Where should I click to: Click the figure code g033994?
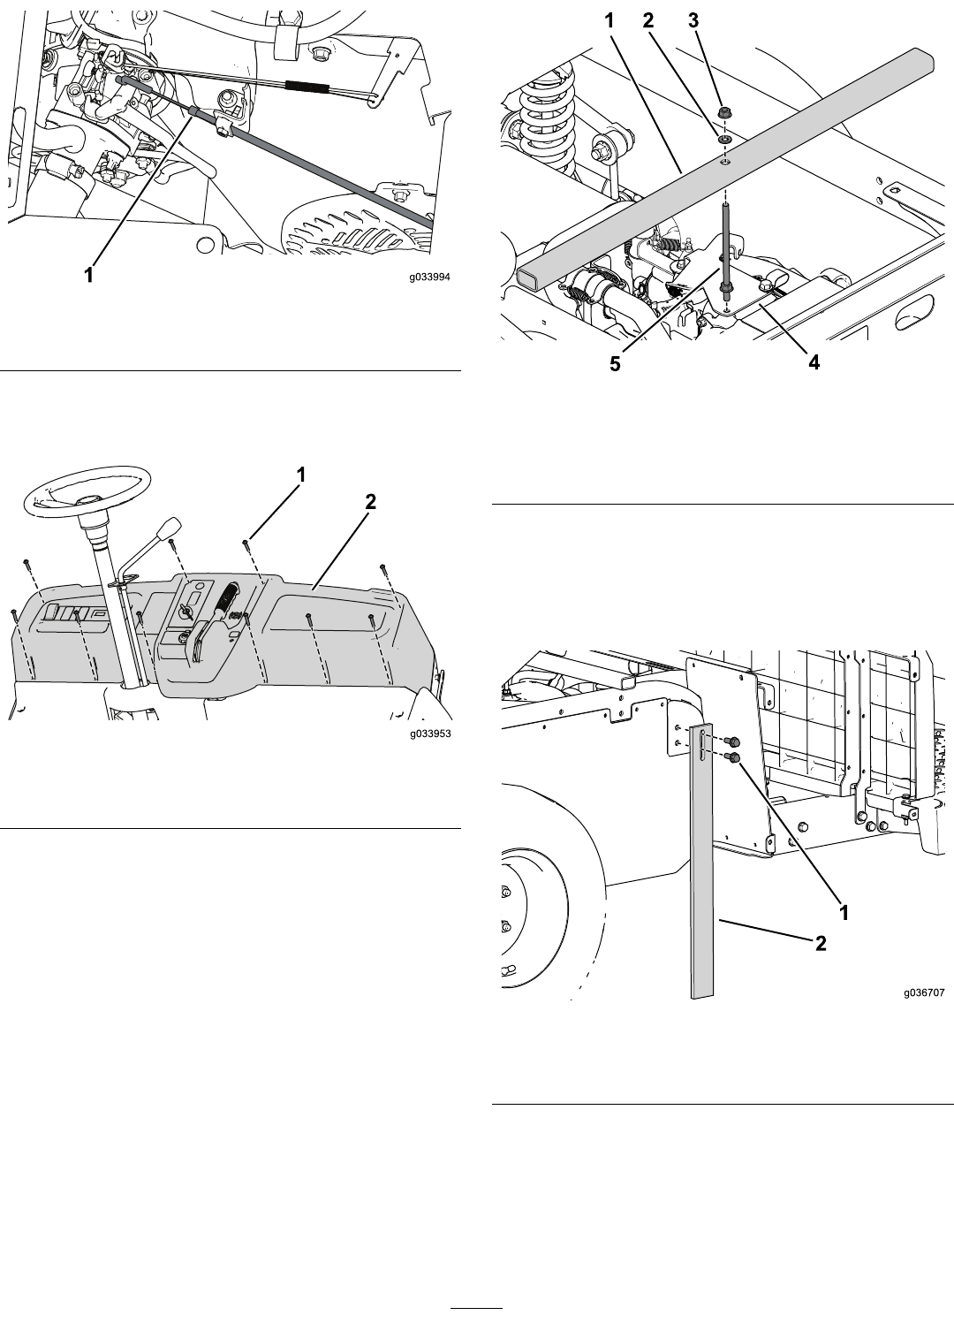click(x=429, y=277)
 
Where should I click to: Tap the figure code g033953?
click(x=430, y=734)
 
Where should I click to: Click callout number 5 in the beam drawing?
click(x=615, y=364)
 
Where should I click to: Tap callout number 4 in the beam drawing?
click(x=814, y=361)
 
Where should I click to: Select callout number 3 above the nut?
click(x=693, y=21)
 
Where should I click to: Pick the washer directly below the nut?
click(x=724, y=140)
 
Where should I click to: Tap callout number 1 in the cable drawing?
click(x=89, y=276)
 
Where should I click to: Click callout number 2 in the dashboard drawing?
click(x=370, y=502)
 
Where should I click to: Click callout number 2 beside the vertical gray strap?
click(x=821, y=943)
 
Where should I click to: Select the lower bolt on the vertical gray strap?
click(x=733, y=757)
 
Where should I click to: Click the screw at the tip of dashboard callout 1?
click(x=246, y=542)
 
